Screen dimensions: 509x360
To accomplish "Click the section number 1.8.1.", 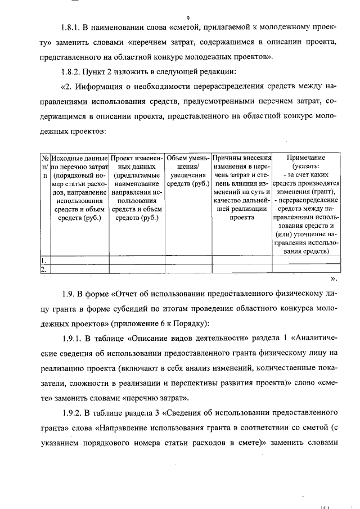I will click(73, 28).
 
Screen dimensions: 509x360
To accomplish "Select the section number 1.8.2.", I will click(73, 71).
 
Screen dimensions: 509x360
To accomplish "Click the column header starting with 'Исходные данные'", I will click(79, 158).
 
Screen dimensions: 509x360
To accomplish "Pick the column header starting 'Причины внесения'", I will click(242, 158).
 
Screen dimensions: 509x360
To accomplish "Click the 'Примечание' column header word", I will click(305, 158).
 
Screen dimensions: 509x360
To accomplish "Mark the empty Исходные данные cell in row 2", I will click(79, 269).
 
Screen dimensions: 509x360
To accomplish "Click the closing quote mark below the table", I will click(334, 278).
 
